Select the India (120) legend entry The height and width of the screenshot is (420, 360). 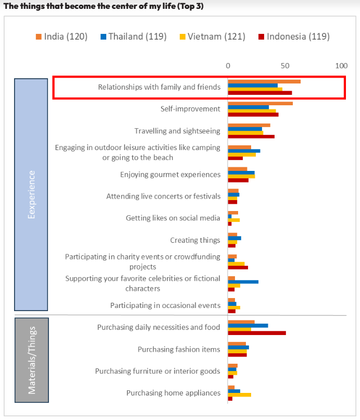click(x=61, y=36)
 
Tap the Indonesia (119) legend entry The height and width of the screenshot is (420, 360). click(x=294, y=36)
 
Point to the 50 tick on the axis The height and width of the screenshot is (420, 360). click(x=285, y=66)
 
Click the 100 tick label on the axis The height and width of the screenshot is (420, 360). click(x=341, y=66)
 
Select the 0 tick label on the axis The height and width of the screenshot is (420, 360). click(x=228, y=66)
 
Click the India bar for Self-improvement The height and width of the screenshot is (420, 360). click(x=260, y=103)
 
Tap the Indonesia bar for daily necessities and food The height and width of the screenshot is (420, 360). click(x=257, y=332)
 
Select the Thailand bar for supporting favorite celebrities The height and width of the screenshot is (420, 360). click(x=243, y=282)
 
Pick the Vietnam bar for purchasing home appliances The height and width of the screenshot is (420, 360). click(x=239, y=394)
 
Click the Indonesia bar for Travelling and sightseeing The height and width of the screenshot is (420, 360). click(x=251, y=137)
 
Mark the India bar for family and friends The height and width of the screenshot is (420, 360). click(x=264, y=81)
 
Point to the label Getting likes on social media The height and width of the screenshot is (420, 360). click(x=173, y=218)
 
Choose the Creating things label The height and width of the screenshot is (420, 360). click(x=195, y=240)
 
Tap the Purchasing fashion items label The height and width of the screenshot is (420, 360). click(x=179, y=349)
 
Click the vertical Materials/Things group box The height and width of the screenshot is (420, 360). click(x=31, y=360)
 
